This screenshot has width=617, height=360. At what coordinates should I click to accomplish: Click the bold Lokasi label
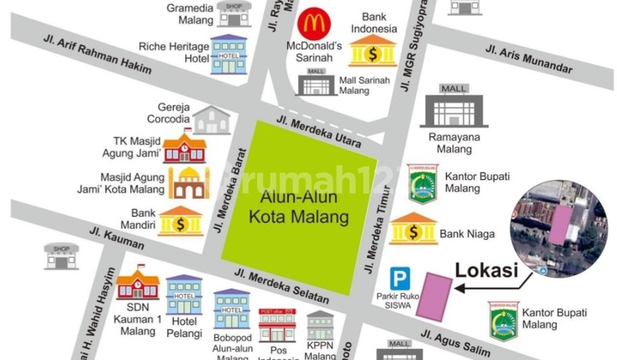point(486,271)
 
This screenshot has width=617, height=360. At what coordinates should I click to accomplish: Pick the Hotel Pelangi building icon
point(183,294)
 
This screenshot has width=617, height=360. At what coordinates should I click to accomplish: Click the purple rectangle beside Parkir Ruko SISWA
point(435,296)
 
